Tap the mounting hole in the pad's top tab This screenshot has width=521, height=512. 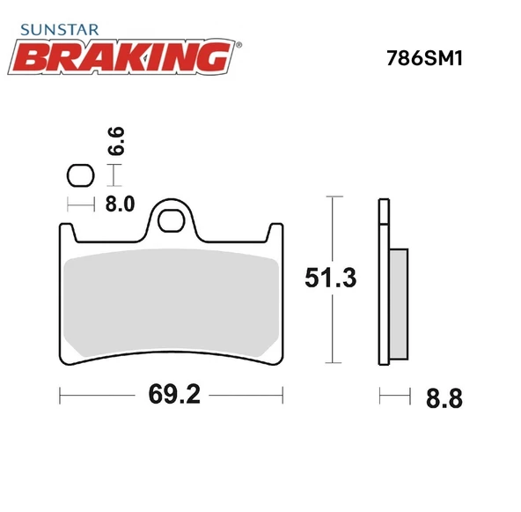tap(172, 220)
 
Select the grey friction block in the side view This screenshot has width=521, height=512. tap(399, 304)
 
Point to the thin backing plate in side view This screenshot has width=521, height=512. tap(383, 282)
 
